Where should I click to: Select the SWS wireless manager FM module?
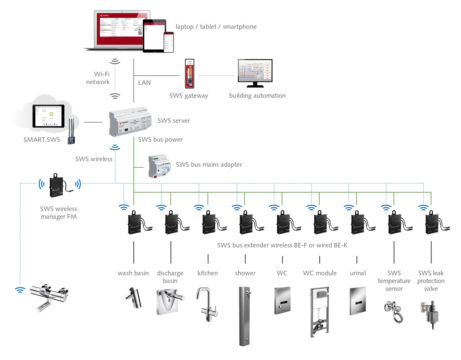pyautogui.click(x=58, y=186)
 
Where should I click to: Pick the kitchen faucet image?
pyautogui.click(x=204, y=301)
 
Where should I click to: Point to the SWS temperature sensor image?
pyautogui.click(x=395, y=305)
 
